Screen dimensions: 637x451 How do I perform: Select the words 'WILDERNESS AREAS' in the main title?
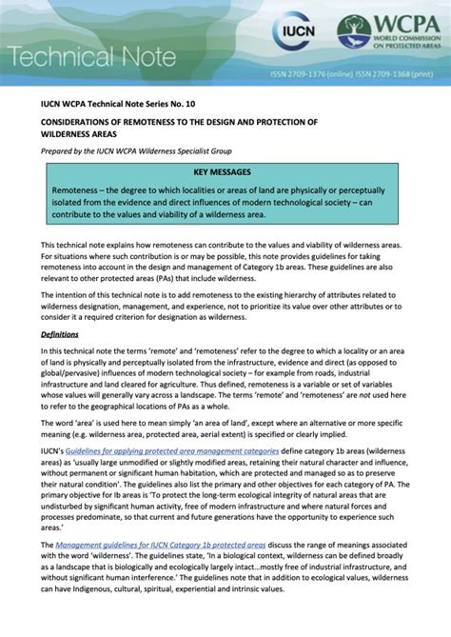pyautogui.click(x=82, y=136)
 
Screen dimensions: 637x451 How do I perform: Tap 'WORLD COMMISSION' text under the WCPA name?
pyautogui.click(x=406, y=45)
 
